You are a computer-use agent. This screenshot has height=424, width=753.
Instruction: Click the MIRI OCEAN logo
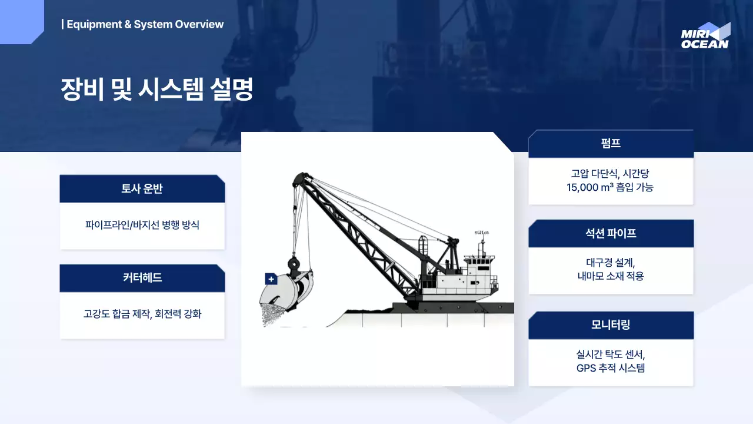(705, 36)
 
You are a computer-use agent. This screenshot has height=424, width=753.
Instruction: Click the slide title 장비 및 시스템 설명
(157, 89)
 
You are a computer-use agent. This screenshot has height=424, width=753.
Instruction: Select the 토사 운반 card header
(142, 189)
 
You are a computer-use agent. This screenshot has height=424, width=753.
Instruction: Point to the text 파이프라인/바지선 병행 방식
(142, 225)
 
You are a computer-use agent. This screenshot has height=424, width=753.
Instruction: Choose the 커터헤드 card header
(142, 279)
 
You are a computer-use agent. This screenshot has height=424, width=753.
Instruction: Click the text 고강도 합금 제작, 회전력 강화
(142, 314)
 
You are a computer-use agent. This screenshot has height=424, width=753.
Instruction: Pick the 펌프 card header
(611, 144)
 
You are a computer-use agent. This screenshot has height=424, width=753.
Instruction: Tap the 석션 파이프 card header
(611, 234)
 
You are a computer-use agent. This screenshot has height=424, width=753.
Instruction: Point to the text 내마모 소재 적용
(611, 276)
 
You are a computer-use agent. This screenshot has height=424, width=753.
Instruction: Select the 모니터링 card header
(611, 325)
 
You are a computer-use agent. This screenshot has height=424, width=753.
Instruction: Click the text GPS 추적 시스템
(611, 369)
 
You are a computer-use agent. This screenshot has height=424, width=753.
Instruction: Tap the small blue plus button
(271, 279)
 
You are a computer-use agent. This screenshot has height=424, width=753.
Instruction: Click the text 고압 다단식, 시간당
(611, 174)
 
